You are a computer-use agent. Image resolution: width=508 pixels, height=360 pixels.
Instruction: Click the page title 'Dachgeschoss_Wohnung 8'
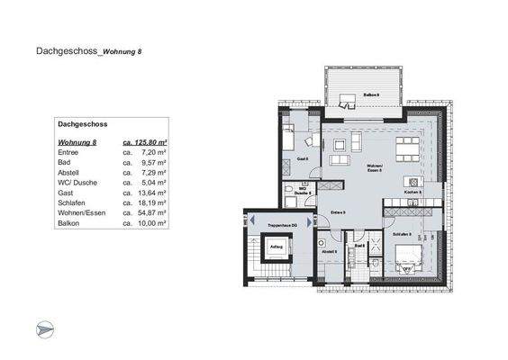(87, 52)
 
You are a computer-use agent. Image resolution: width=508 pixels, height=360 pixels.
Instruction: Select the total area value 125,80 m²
(149, 142)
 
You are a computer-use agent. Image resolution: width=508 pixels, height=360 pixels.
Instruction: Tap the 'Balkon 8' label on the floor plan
(371, 94)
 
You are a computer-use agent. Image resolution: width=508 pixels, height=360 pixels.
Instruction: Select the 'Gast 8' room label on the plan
(302, 158)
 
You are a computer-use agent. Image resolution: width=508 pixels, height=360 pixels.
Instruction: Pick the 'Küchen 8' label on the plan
(413, 193)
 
